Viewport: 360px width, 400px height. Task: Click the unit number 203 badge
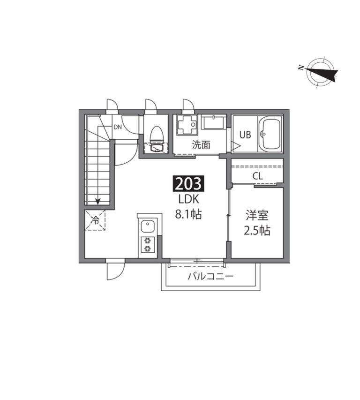(x=188, y=184)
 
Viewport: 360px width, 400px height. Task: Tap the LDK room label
(x=188, y=199)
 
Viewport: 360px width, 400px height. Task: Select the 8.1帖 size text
(x=188, y=215)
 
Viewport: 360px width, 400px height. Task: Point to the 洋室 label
(x=257, y=215)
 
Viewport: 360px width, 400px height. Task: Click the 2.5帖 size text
(x=257, y=230)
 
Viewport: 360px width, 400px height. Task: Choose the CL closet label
(x=257, y=176)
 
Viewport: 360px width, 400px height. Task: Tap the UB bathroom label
(x=245, y=135)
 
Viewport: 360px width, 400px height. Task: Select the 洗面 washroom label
(x=201, y=145)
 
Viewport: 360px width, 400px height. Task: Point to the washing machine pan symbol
(x=187, y=125)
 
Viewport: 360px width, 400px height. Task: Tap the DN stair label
(x=118, y=127)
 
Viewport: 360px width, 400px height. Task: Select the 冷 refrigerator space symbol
(x=95, y=220)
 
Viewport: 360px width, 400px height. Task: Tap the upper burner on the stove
(x=147, y=240)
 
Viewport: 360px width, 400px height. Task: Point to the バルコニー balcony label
(x=210, y=276)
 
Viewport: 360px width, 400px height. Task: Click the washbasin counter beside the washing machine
(x=213, y=122)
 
